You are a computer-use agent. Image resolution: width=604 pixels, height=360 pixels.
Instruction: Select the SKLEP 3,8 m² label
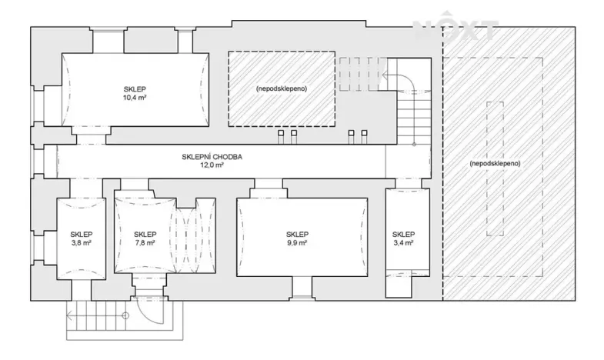(x=82, y=238)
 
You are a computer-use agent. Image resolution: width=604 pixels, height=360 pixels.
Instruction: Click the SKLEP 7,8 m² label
(x=145, y=238)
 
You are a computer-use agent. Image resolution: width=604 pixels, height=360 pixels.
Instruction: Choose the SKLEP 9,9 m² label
(x=297, y=238)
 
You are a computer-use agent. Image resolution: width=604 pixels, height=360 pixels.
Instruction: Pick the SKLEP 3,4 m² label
(x=402, y=238)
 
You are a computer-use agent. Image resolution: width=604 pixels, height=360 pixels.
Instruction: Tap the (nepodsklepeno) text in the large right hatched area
(x=493, y=165)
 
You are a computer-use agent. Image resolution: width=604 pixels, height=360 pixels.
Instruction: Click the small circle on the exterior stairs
(x=125, y=315)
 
